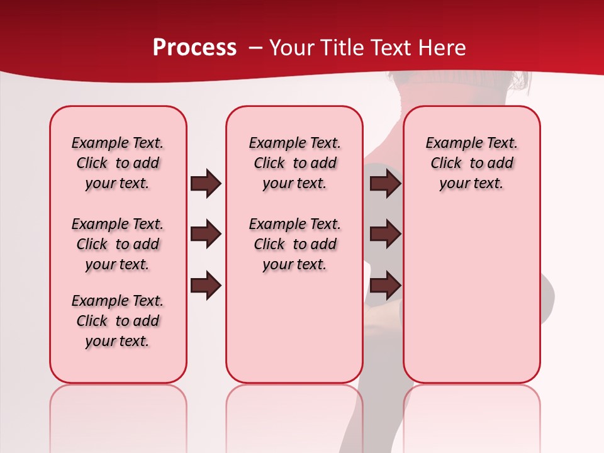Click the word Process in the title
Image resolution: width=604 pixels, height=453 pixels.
coord(194,48)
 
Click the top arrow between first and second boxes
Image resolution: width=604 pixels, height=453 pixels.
coord(206,184)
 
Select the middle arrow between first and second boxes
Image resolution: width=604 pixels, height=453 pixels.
coord(206,235)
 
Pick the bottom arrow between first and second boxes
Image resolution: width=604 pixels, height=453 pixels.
coord(206,286)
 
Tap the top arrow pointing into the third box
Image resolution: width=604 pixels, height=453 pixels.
coord(385,184)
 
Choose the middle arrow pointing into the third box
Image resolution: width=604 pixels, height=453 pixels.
coord(385,235)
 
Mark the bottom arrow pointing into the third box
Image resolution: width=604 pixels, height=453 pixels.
coord(385,286)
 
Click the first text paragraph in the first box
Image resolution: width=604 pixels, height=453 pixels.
coord(118,163)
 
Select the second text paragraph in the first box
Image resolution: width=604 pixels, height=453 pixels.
coord(118,244)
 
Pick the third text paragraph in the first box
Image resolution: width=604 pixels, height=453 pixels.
coord(118,321)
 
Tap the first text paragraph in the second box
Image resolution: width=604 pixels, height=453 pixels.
coord(294,163)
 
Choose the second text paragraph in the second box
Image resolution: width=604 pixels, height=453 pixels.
coord(294,244)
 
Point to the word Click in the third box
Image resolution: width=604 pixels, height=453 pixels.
coord(446,163)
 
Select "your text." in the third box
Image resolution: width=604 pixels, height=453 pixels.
coord(471,184)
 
